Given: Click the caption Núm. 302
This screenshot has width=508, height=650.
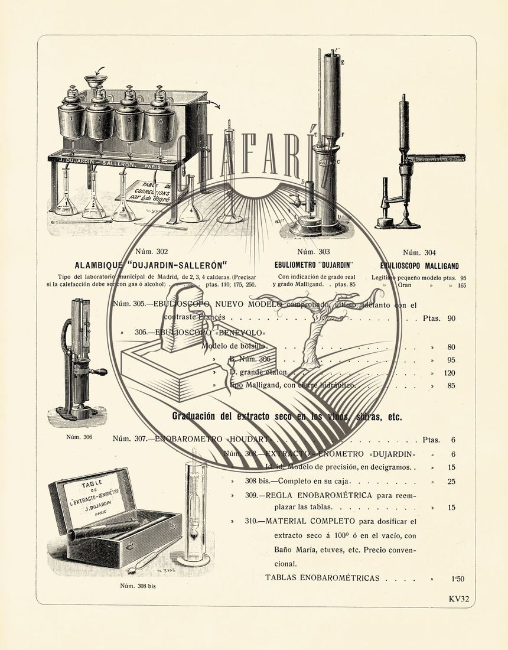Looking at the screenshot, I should tap(151, 251).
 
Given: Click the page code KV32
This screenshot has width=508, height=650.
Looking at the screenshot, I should tap(458, 599).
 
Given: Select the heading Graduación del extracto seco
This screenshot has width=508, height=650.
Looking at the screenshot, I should tap(286, 417).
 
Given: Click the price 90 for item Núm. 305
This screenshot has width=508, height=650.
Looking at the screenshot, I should tap(451, 318).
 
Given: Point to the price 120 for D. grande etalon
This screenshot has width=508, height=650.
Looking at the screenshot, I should tap(450, 373).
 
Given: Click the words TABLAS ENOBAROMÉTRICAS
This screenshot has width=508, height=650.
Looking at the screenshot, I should tap(322, 578).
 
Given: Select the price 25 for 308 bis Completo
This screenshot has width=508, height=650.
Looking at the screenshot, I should tap(451, 482).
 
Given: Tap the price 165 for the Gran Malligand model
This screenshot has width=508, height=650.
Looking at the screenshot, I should tap(461, 285).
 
